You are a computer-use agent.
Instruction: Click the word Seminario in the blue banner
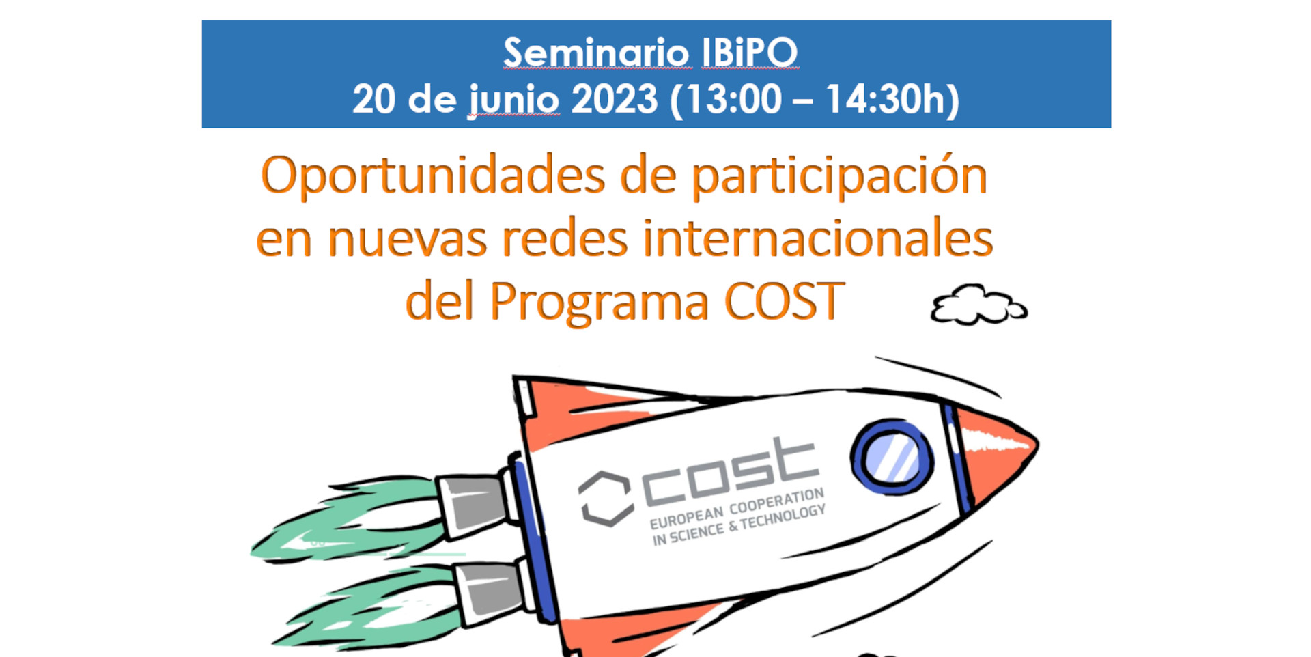pos(596,53)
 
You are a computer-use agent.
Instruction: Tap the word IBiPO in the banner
pos(750,53)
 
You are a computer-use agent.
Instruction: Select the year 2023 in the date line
pos(615,99)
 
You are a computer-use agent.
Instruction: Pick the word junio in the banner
pos(514,100)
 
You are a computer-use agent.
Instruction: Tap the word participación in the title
pos(840,176)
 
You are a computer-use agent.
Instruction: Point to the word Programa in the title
pos(600,302)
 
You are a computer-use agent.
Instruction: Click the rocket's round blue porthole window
pos(892,456)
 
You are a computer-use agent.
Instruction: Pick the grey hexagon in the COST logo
pos(605,499)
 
